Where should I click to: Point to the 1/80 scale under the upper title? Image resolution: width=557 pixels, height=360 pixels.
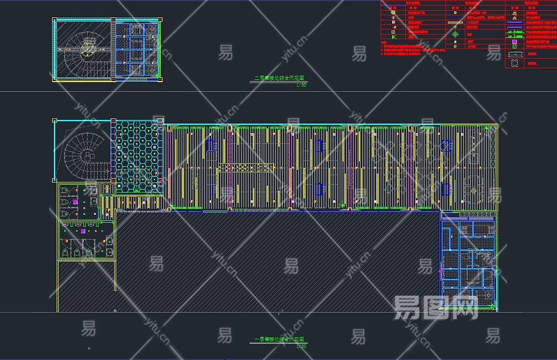point(301,85)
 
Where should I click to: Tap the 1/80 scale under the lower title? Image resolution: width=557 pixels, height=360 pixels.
point(301,346)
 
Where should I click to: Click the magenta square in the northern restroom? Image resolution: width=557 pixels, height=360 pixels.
point(75,202)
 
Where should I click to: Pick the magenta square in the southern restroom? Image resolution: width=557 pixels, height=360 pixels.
point(83,230)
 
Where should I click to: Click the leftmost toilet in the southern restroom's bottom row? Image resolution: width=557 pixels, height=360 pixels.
point(66,252)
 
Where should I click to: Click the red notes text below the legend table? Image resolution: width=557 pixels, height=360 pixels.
point(408,48)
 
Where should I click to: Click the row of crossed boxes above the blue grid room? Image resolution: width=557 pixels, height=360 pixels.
point(468,218)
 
